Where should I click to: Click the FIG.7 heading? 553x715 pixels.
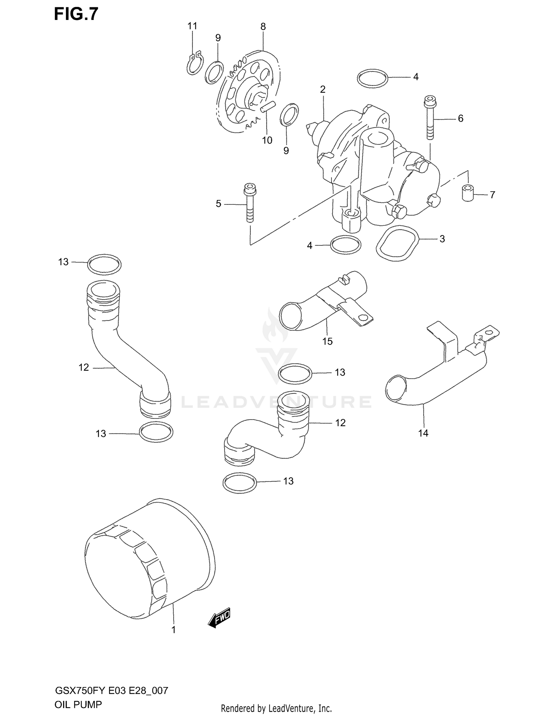76,14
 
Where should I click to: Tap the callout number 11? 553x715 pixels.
192,26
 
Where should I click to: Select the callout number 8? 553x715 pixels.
263,27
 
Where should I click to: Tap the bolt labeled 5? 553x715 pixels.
249,203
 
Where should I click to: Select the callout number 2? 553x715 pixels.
323,89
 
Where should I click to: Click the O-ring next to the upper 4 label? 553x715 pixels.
372,78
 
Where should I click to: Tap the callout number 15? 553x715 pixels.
327,341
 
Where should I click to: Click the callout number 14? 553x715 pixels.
423,433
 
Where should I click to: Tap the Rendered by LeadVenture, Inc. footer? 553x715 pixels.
276,708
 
